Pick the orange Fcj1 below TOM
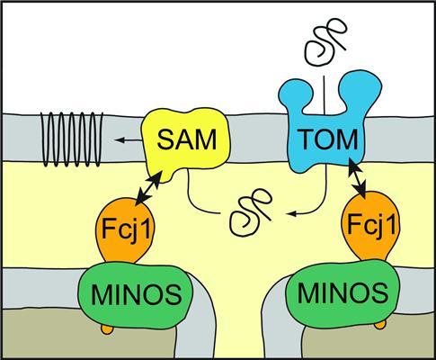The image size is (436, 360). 371,227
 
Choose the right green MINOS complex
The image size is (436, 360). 343,292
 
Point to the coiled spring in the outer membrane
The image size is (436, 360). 72,139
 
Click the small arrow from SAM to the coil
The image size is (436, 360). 129,139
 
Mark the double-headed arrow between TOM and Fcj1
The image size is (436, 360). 357,178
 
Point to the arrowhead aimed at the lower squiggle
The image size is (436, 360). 290,213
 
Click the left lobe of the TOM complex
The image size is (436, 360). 295,94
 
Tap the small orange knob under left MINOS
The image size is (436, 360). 107,329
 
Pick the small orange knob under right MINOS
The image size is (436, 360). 380,324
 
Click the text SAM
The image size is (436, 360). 187,139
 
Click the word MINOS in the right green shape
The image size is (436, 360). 343,292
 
